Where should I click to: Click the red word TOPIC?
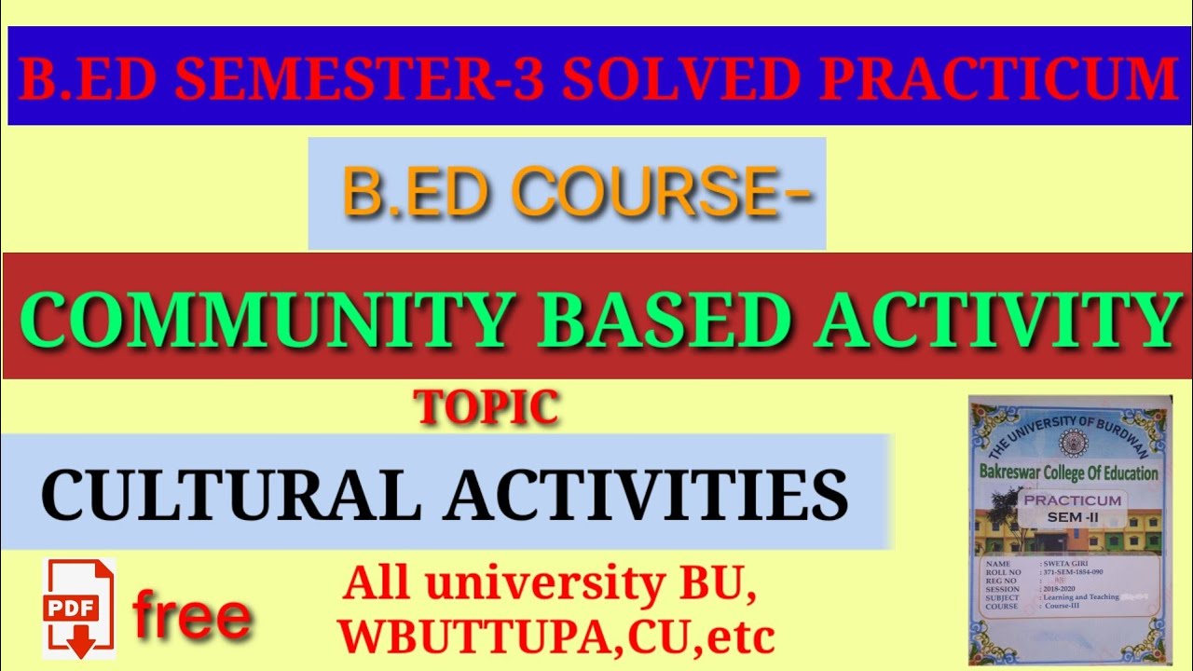[487, 407]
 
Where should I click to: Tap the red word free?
[191, 616]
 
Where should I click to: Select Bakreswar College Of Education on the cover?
[1068, 473]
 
